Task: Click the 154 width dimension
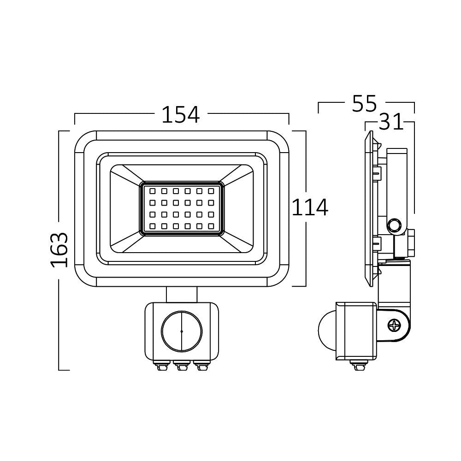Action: (180, 115)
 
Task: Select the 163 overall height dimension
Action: (59, 250)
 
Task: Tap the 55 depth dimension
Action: (364, 104)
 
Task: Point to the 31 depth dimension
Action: (390, 123)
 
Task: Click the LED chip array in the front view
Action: (182, 208)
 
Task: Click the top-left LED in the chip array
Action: (152, 190)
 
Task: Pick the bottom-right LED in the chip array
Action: (212, 226)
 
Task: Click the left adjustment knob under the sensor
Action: (163, 366)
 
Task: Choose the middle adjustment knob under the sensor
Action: (181, 366)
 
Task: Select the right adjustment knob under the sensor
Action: (200, 366)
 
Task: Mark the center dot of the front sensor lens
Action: (182, 331)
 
